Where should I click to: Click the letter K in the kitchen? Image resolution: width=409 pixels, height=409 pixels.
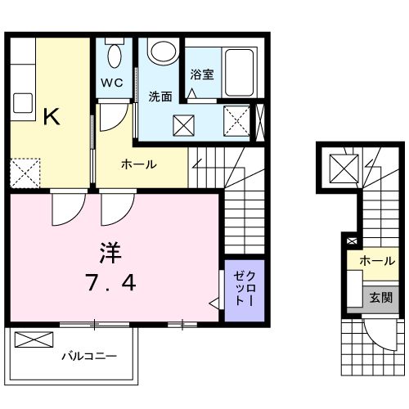pyautogui.click(x=51, y=117)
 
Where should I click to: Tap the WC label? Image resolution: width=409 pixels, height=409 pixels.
pyautogui.click(x=112, y=83)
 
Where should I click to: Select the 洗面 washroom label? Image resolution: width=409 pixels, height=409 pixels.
pyautogui.click(x=160, y=97)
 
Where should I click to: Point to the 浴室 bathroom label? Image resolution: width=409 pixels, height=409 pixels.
pyautogui.click(x=202, y=74)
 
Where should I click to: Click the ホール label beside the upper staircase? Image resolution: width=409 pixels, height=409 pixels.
pyautogui.click(x=139, y=164)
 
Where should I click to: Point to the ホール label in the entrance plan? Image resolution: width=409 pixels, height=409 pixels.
pyautogui.click(x=377, y=262)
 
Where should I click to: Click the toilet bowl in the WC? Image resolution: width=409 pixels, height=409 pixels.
pyautogui.click(x=115, y=56)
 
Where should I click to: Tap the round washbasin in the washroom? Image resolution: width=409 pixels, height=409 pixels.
pyautogui.click(x=160, y=52)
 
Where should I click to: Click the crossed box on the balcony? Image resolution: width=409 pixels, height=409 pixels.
pyautogui.click(x=33, y=340)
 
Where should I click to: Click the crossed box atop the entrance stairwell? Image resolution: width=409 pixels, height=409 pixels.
pyautogui.click(x=340, y=169)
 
